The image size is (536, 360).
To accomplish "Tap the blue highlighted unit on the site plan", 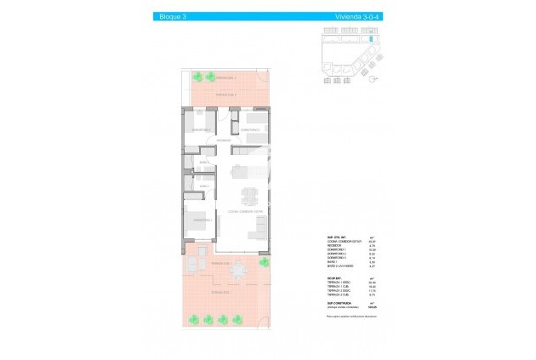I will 372,39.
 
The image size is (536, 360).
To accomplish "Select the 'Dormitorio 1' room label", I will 202,219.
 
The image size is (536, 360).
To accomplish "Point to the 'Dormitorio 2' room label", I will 202,129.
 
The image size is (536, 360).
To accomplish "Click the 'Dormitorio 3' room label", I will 249,129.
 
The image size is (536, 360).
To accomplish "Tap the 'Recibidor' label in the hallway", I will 223,140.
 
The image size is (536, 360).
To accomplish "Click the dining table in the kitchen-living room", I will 248,197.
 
